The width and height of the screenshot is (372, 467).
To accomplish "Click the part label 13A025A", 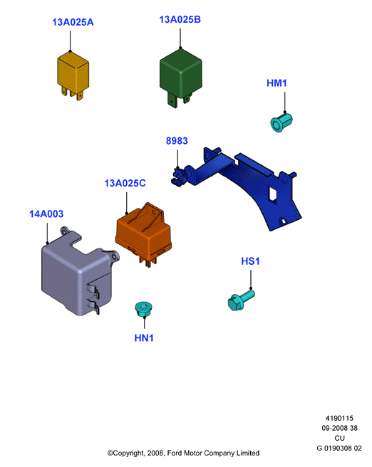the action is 73,22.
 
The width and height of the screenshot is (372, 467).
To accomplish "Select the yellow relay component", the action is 73,75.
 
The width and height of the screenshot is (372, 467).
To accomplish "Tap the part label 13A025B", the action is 180,20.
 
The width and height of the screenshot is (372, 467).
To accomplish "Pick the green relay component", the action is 180,78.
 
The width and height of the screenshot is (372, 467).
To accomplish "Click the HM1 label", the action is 277,83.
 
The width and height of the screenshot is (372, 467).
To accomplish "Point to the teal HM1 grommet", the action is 281,122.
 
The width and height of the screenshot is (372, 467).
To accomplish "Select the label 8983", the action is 177,141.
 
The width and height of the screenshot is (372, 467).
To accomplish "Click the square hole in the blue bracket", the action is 273,194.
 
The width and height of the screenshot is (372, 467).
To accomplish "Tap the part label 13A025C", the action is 125,183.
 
